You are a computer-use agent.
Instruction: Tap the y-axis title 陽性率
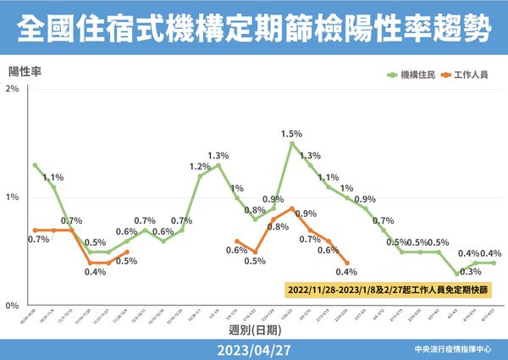click(x=25, y=70)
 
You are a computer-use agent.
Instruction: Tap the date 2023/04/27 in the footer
click(x=254, y=348)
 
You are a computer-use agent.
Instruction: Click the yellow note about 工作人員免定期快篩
click(x=388, y=289)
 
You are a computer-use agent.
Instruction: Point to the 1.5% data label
click(x=292, y=134)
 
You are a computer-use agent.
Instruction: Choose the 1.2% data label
click(x=200, y=166)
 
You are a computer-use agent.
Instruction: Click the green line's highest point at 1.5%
click(x=291, y=143)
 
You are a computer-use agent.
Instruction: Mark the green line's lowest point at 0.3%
click(x=457, y=274)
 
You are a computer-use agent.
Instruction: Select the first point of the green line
click(x=35, y=165)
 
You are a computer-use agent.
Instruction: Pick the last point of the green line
click(x=494, y=263)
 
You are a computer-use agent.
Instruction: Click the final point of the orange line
click(x=347, y=263)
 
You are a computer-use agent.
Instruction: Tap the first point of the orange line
click(x=35, y=230)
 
